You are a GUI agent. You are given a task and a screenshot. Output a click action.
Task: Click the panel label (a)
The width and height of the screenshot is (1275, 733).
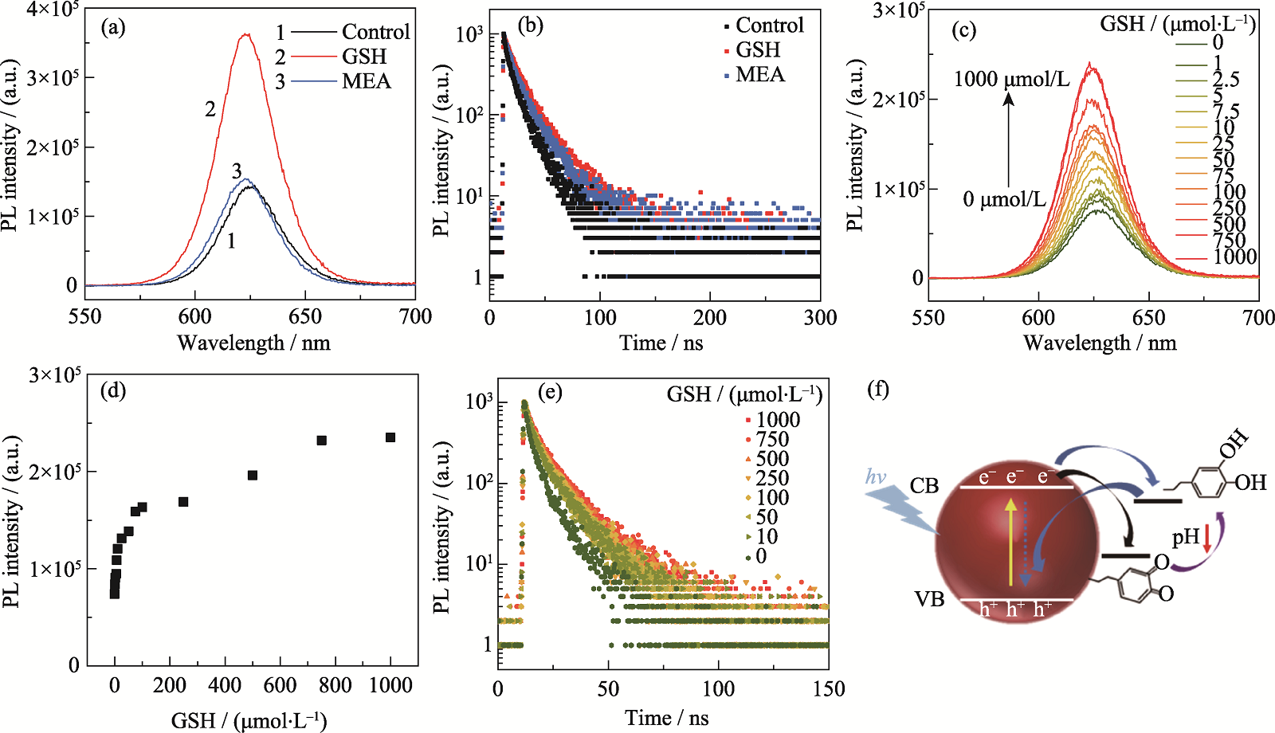click(x=113, y=29)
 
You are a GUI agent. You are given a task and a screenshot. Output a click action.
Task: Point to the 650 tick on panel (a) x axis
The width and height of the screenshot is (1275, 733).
click(x=305, y=317)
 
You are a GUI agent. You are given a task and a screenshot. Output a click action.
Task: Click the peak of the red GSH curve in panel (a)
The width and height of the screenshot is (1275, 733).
click(x=245, y=34)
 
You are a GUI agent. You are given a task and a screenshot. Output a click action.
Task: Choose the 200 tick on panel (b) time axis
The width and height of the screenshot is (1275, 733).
click(x=709, y=318)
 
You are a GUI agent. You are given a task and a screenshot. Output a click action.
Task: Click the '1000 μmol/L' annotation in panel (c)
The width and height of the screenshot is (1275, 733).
click(x=1011, y=79)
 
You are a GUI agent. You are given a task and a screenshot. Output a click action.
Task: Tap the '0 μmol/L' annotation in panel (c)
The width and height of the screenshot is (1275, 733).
click(x=1004, y=199)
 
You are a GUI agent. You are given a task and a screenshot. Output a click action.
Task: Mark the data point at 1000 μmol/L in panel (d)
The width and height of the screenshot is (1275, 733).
click(x=390, y=437)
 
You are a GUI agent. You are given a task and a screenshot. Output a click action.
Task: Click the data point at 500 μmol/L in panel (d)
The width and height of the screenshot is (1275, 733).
click(x=253, y=476)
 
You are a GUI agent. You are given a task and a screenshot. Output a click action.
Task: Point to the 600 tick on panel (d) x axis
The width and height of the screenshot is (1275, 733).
click(x=280, y=686)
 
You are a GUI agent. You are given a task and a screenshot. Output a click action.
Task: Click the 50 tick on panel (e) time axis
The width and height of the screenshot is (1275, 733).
click(x=608, y=689)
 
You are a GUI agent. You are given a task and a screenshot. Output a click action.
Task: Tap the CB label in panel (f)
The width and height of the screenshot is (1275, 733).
click(x=924, y=486)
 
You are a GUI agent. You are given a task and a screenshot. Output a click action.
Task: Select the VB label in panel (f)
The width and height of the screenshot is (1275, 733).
click(x=929, y=599)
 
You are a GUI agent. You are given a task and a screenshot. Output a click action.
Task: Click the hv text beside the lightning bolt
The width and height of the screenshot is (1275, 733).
click(x=876, y=477)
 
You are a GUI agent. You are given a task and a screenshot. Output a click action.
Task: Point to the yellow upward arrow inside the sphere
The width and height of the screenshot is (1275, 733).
click(x=1011, y=542)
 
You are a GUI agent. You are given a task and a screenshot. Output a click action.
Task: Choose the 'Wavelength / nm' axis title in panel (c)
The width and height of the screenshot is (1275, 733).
click(x=1100, y=343)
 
